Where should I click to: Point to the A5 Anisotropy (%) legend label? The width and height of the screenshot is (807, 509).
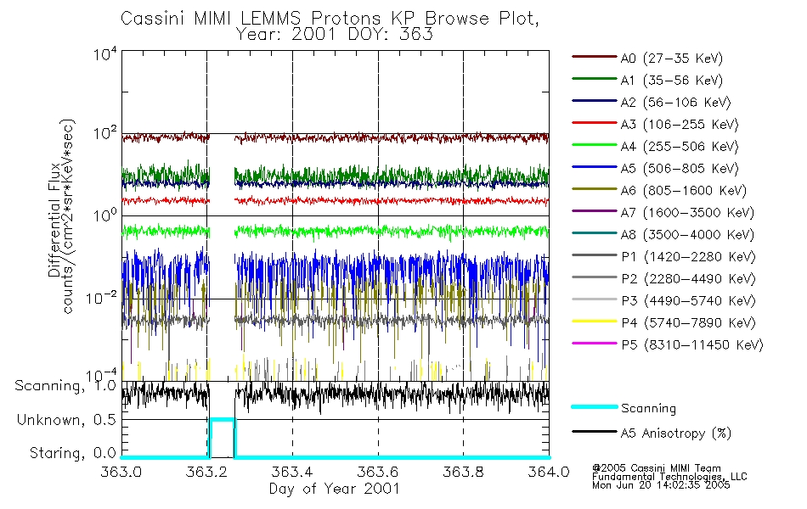tap(675, 433)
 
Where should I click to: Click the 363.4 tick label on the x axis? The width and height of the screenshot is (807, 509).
tap(293, 473)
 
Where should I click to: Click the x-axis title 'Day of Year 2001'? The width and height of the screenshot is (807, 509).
tap(335, 489)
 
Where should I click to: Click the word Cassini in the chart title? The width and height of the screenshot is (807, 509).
tap(150, 18)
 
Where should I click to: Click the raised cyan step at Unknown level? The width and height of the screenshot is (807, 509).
tap(222, 420)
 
